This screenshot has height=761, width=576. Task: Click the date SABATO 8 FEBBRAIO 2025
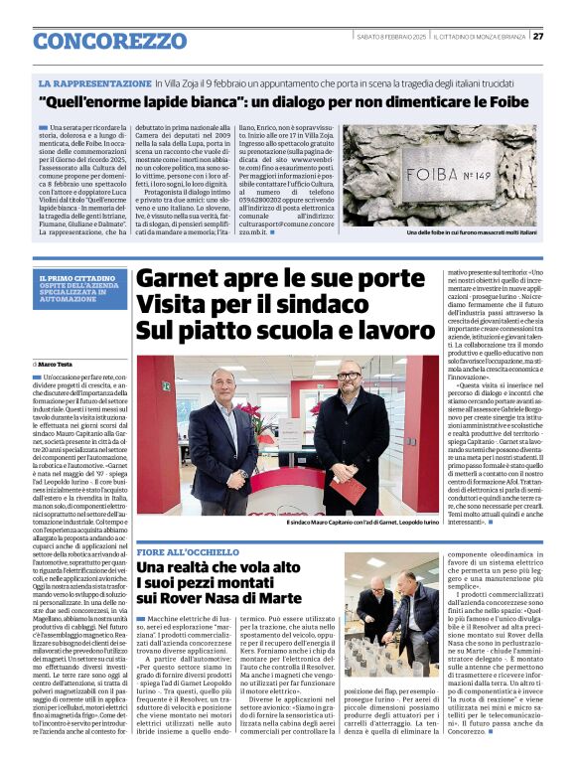pyautogui.click(x=391, y=37)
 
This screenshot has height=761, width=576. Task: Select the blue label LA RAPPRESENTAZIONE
pyautogui.click(x=95, y=83)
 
